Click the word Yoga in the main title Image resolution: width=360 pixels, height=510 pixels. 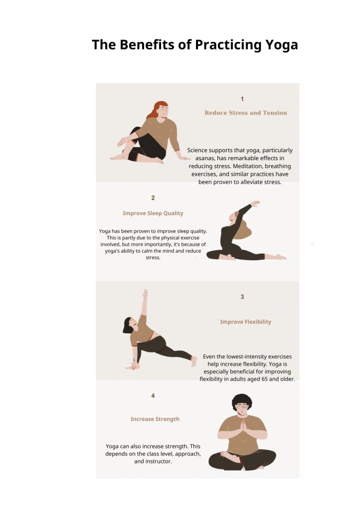(x=281, y=45)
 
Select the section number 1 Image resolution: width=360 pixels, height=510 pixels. (x=242, y=99)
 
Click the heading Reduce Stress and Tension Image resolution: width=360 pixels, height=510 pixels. (x=245, y=113)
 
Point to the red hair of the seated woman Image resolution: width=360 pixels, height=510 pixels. (x=156, y=109)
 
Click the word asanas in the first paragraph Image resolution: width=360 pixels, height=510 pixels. (x=204, y=158)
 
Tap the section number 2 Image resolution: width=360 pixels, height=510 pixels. (x=153, y=198)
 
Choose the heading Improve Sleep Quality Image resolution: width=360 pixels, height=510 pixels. (x=153, y=213)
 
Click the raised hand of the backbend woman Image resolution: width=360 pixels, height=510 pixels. (x=255, y=204)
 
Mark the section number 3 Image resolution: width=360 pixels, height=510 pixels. (x=242, y=297)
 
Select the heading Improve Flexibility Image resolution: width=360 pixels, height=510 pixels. (x=245, y=322)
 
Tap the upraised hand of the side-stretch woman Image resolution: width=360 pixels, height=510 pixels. (x=145, y=293)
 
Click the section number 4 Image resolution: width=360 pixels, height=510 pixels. (x=153, y=395)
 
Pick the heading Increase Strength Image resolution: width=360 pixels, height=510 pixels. (x=155, y=419)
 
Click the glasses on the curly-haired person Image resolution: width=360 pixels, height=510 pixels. (x=242, y=406)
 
